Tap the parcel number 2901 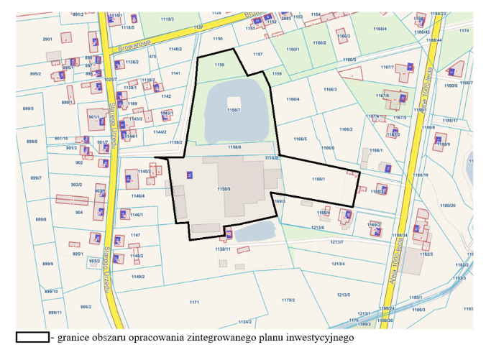click(47, 39)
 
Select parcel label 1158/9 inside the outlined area click(223, 189)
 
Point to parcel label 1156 click(219, 65)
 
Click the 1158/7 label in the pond click(234, 110)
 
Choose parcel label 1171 click(194, 302)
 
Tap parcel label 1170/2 click(288, 300)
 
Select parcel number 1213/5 click(343, 295)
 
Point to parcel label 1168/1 click(318, 179)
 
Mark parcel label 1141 click(175, 73)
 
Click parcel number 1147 click(135, 235)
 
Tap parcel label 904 click(79, 213)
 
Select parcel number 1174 click(464, 30)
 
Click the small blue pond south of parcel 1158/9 click(255, 231)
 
